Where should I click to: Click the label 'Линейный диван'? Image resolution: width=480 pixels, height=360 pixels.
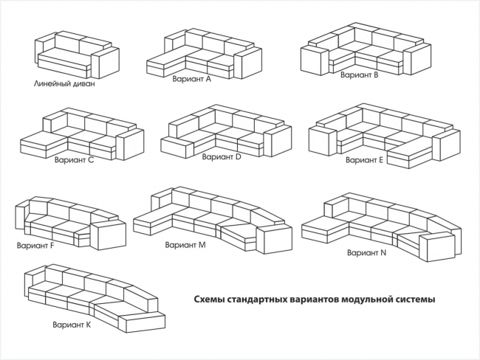[x=64, y=83]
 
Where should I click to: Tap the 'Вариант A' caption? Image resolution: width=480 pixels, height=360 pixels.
[x=191, y=78]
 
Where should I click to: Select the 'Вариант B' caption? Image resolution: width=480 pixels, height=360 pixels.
[x=359, y=75]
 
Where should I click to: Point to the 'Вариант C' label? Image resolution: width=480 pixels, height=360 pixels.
[x=75, y=159]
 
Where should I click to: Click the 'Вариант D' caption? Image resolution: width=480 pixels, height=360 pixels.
[x=222, y=156]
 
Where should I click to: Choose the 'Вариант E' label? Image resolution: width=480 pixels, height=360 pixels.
[x=364, y=159]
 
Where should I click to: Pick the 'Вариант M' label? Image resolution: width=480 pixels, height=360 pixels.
[x=185, y=244]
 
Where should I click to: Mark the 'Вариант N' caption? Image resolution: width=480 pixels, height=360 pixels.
[x=366, y=252]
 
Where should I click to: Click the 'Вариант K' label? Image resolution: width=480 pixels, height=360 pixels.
[x=72, y=324]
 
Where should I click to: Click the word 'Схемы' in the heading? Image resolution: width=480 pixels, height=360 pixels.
[x=210, y=300]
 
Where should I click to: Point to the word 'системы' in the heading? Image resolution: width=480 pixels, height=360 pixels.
[x=414, y=300]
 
